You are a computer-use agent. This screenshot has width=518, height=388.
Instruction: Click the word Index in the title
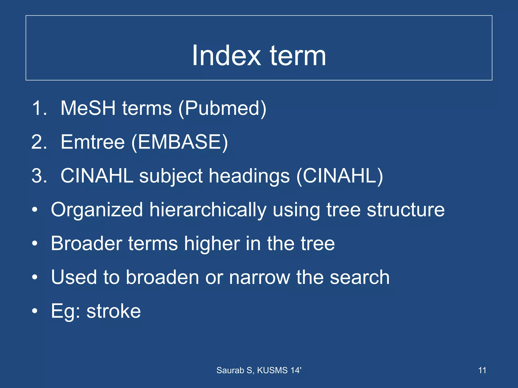click(x=226, y=56)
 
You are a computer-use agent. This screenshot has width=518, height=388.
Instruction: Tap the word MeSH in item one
click(x=88, y=108)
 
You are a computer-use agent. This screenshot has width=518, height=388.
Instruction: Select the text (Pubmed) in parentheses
click(x=222, y=109)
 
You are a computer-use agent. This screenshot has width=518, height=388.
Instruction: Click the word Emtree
click(x=93, y=142)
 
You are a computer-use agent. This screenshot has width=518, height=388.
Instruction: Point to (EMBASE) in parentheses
click(x=180, y=142)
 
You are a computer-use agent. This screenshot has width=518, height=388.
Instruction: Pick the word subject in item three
click(x=171, y=176)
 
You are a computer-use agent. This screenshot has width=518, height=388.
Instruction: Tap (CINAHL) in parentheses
click(x=340, y=176)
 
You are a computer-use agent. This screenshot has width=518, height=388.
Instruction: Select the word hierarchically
click(x=208, y=210)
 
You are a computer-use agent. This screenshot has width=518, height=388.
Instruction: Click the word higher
click(x=212, y=244)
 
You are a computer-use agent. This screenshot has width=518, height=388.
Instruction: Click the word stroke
click(x=114, y=311)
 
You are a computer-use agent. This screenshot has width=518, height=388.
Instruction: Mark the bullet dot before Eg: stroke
click(x=35, y=311)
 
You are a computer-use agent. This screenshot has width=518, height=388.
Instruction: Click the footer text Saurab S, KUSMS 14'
click(x=259, y=370)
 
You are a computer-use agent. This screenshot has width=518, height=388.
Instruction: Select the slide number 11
click(x=482, y=370)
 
